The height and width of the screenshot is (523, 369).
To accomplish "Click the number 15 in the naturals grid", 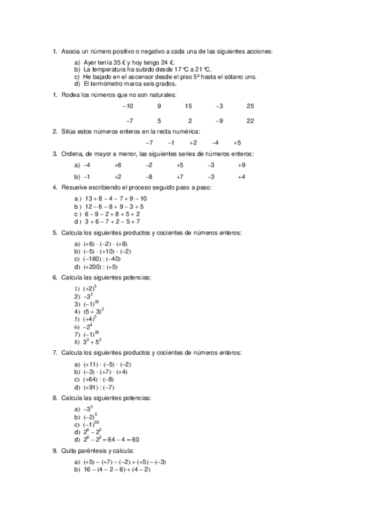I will click(x=189, y=106).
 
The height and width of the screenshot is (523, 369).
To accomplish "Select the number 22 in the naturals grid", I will click(x=250, y=120).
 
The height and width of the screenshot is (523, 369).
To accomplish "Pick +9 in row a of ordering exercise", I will click(x=241, y=165).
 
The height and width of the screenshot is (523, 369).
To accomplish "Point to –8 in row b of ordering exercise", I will click(x=149, y=177).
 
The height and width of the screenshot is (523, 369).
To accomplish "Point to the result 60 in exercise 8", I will click(x=136, y=440).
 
